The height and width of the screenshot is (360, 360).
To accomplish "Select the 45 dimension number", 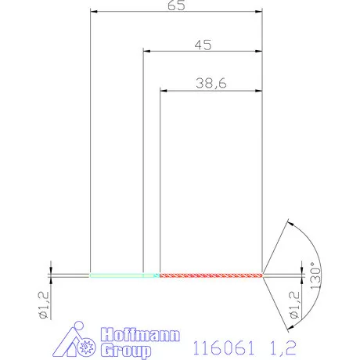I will [203, 45].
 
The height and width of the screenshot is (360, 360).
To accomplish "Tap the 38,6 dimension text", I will [211, 83].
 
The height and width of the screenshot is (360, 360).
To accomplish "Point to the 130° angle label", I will [314, 275].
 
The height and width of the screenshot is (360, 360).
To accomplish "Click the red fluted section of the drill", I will [210, 275].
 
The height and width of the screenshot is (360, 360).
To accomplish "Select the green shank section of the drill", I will [117, 275].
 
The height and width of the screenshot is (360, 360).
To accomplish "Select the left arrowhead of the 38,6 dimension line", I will [163, 91].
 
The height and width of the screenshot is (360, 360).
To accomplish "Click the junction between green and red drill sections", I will [160, 275].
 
